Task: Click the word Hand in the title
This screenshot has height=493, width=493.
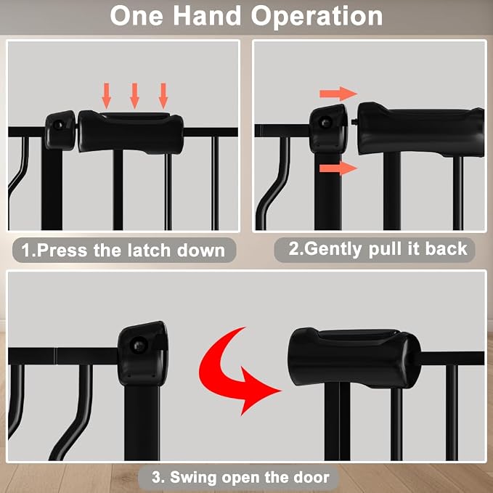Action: tap(207, 16)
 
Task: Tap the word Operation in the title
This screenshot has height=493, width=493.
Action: tap(317, 17)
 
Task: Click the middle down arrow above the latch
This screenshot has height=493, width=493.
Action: tap(135, 96)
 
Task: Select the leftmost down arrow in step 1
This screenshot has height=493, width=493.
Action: tap(107, 96)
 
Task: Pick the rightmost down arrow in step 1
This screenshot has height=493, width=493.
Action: tap(163, 96)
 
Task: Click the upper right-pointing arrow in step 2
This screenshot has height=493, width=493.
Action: tap(338, 94)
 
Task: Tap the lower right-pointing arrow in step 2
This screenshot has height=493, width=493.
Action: tap(338, 168)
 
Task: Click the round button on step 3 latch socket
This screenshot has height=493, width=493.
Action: tap(139, 346)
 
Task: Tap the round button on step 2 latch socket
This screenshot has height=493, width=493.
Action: tap(326, 122)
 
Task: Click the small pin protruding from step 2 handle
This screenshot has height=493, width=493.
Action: tap(355, 121)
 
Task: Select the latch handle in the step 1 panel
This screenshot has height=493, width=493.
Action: tap(131, 132)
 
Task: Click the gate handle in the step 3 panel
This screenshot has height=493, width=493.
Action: tap(354, 358)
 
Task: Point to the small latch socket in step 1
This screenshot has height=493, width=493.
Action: tap(60, 130)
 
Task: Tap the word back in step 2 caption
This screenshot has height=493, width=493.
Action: tap(446, 249)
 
